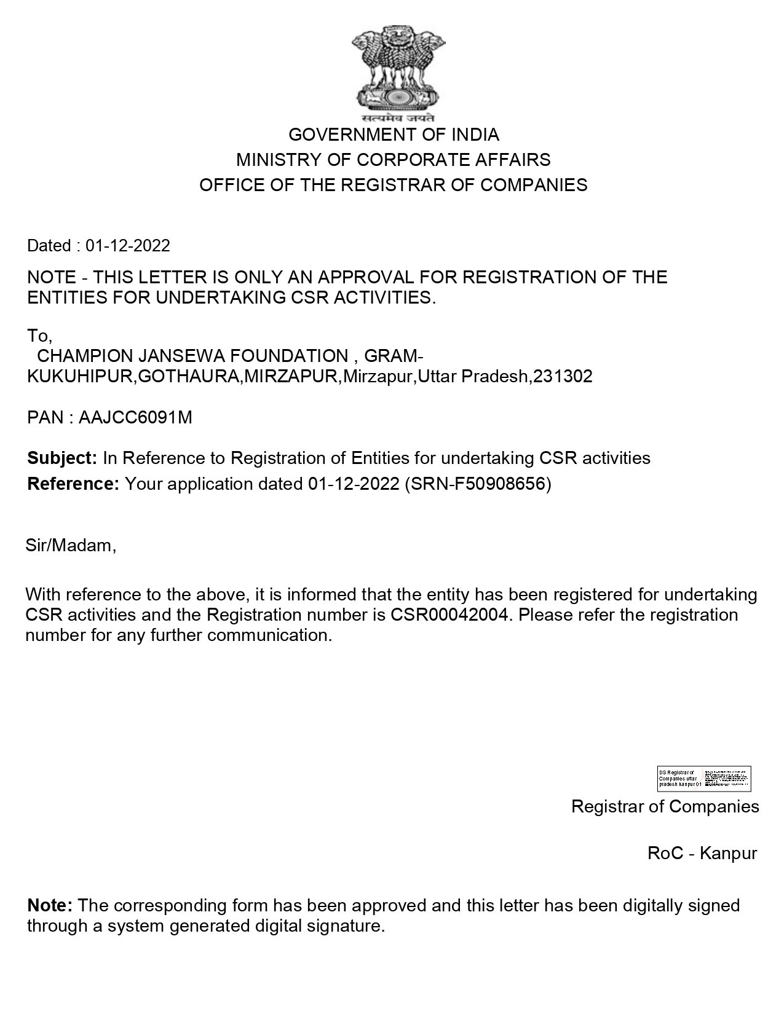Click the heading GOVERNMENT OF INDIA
[394, 135]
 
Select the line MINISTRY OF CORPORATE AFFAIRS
[394, 160]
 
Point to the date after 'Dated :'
[128, 246]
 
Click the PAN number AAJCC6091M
[135, 417]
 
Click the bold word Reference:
[73, 484]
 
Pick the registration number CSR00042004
[450, 615]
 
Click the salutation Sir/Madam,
[71, 545]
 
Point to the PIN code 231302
[563, 376]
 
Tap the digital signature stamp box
[704, 779]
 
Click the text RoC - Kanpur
[702, 853]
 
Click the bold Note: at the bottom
[50, 905]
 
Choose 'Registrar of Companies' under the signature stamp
[665, 806]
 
